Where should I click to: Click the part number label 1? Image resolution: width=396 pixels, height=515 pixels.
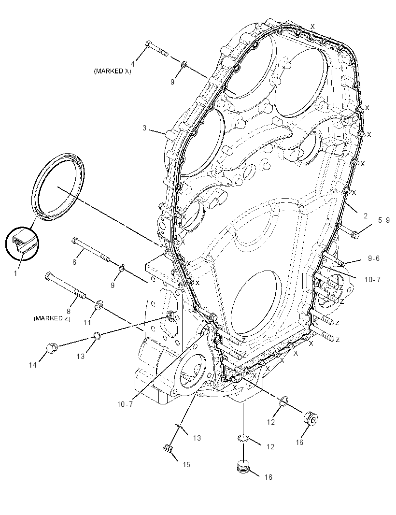click(15, 272)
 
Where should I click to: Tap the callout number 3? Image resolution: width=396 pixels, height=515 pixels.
click(144, 128)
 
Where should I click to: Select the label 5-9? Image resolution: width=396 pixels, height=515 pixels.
click(383, 220)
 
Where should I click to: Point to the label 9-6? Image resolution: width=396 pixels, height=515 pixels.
click(373, 258)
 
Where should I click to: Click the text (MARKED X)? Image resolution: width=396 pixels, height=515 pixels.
click(113, 72)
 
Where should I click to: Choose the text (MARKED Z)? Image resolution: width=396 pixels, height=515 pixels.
click(52, 318)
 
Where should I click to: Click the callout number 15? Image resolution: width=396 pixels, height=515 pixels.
click(186, 464)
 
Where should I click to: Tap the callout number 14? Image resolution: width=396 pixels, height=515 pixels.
click(32, 365)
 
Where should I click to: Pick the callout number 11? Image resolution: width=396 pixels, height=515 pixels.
click(87, 323)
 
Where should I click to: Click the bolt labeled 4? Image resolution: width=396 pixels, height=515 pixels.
click(156, 48)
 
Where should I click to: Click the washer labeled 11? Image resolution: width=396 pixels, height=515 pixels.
click(99, 304)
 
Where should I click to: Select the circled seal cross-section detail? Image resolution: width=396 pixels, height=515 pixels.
click(22, 243)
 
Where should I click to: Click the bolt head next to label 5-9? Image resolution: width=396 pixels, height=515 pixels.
click(354, 234)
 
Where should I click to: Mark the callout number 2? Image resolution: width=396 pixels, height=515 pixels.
click(366, 216)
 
